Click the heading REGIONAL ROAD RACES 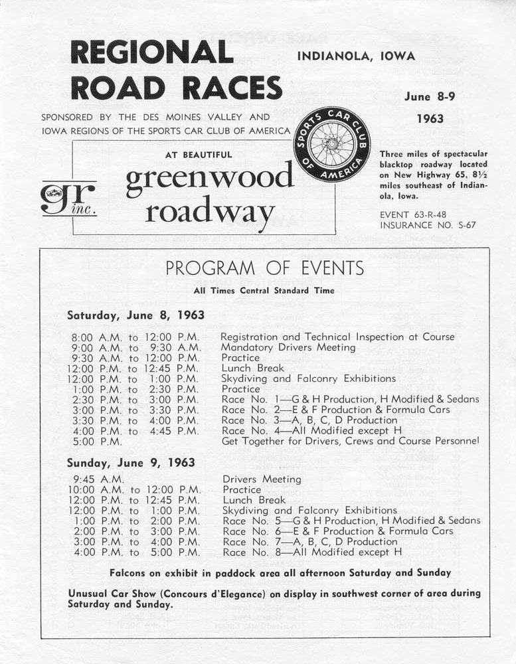coord(176,70)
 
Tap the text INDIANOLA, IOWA coord(356,56)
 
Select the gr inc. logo coord(68,198)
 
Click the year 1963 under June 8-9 coord(430,120)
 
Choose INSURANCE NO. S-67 coord(428,225)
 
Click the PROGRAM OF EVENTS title coord(264,268)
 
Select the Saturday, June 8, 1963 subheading coord(135,315)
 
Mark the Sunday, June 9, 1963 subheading coord(131,462)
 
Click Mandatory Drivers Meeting coord(289,347)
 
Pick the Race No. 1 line coord(350,399)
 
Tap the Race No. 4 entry coord(313,430)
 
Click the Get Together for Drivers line coord(350,441)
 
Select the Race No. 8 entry coord(313,552)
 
